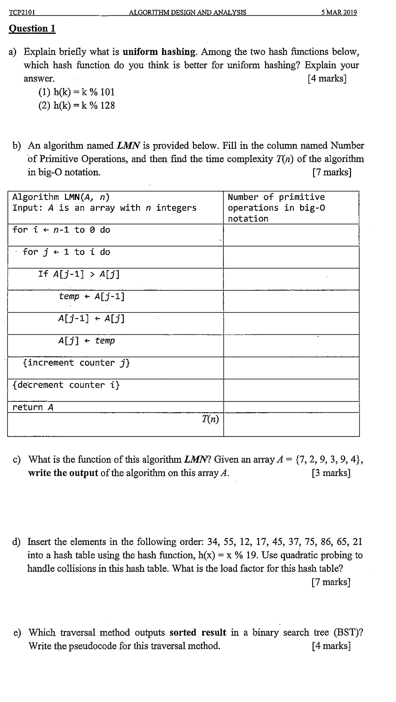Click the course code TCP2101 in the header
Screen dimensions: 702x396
click(22, 13)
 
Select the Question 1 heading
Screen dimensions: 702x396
click(32, 29)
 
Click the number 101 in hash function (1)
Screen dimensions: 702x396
click(107, 92)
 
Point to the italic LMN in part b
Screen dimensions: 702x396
click(128, 146)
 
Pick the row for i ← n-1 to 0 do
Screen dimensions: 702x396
click(61, 230)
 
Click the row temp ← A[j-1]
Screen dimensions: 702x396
click(92, 296)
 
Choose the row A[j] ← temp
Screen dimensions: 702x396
click(86, 341)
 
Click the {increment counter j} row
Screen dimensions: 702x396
click(76, 363)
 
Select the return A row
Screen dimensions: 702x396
click(33, 407)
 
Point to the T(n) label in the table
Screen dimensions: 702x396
click(210, 419)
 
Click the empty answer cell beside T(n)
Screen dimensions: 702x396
click(291, 424)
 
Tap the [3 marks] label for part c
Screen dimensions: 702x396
click(331, 473)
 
